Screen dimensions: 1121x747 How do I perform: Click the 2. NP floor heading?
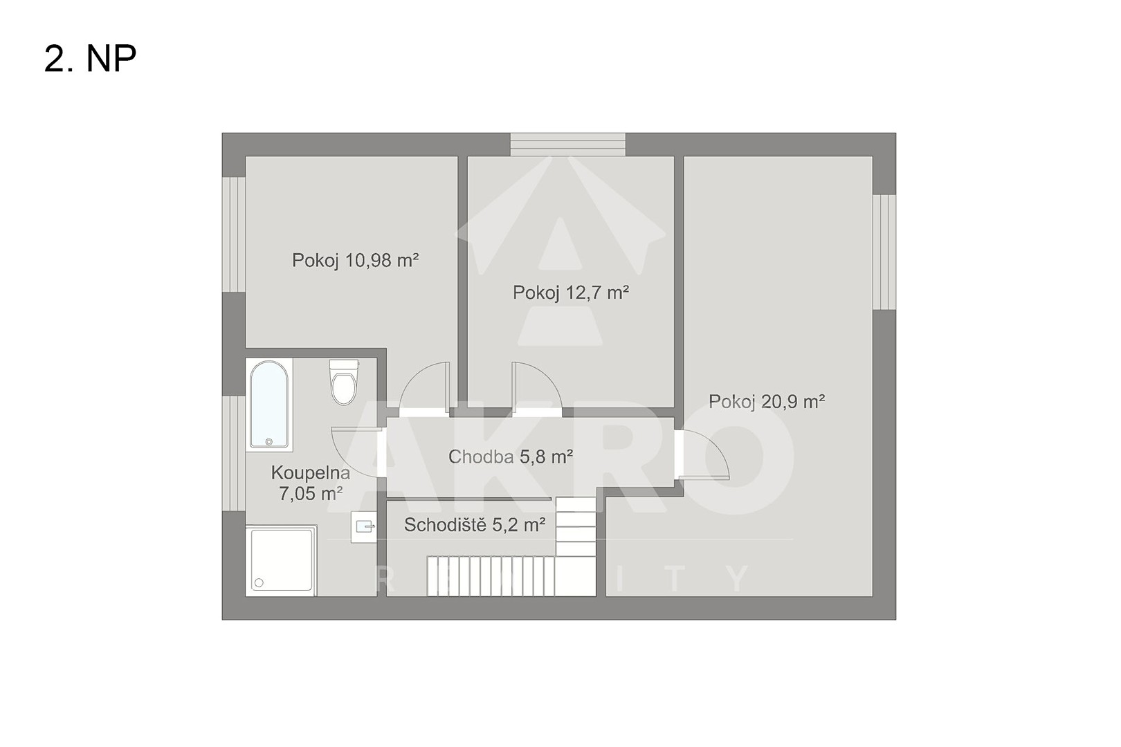[90, 59]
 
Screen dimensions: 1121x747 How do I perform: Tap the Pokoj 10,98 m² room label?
[355, 260]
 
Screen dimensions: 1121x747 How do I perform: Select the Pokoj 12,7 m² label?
[571, 292]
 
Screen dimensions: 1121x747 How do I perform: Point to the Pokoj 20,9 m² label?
[767, 401]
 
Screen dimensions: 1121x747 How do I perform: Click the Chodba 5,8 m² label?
[511, 456]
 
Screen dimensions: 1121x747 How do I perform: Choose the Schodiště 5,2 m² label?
[475, 525]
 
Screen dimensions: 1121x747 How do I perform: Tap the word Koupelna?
[310, 472]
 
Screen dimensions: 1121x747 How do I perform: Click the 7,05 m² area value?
[310, 494]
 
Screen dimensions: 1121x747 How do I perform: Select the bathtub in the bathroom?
[269, 404]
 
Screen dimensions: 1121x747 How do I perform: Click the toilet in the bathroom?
[344, 382]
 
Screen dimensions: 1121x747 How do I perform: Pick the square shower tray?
[281, 560]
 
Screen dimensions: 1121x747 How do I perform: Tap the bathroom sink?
[364, 527]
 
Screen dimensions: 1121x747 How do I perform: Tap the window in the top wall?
[568, 145]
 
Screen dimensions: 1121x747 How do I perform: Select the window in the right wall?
[884, 252]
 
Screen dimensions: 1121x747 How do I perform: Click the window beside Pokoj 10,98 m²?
[234, 234]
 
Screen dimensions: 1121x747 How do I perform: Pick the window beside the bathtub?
[234, 453]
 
